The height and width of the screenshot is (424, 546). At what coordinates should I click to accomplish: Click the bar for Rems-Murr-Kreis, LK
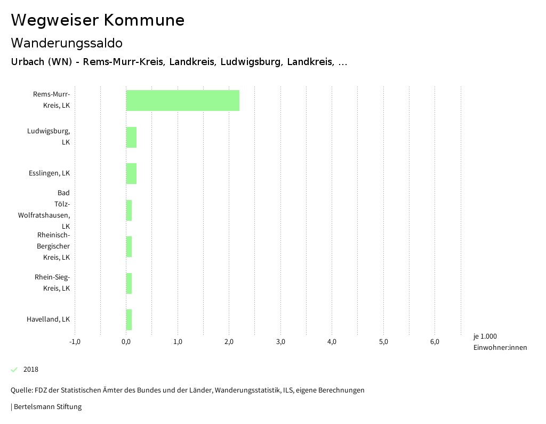[182, 100]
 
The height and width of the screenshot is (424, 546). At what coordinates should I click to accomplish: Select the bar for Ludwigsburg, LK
[131, 137]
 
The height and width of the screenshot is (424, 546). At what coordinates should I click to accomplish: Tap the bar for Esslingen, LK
[131, 173]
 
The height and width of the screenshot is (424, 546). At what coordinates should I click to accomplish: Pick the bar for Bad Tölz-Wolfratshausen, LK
[129, 210]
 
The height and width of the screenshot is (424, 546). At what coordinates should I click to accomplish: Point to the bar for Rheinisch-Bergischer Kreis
[129, 246]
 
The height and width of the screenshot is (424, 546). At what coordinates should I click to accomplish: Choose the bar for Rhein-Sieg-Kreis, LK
[129, 283]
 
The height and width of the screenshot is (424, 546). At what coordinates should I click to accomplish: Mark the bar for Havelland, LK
[129, 319]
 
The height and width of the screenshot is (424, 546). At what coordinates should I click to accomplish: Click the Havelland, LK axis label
[48, 319]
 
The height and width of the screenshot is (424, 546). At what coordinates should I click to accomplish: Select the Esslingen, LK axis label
[49, 173]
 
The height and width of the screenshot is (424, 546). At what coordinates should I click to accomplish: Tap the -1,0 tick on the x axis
[75, 342]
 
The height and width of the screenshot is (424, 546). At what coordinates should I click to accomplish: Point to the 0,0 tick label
[126, 342]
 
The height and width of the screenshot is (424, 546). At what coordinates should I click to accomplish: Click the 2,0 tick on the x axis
[229, 342]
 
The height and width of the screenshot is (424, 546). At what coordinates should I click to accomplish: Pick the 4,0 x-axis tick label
[332, 342]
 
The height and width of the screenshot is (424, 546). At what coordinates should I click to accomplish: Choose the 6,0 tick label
[435, 342]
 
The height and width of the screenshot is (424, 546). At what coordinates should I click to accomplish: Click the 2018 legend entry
[31, 370]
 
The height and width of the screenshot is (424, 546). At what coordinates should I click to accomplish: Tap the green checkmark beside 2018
[14, 370]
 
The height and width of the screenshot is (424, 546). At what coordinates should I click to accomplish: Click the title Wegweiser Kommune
[98, 20]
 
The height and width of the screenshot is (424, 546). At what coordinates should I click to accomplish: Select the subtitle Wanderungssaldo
[67, 43]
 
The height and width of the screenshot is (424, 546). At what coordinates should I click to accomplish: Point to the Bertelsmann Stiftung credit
[47, 407]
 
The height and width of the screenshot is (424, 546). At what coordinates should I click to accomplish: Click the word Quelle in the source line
[21, 390]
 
